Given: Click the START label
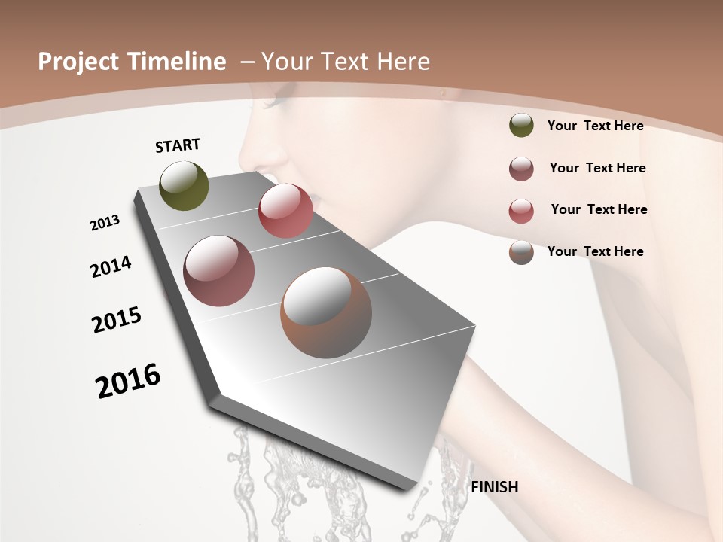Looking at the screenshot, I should click(x=178, y=145).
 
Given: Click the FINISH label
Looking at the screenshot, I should click(x=494, y=487).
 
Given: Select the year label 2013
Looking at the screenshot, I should click(x=105, y=223).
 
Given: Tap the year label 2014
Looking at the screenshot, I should click(x=111, y=266).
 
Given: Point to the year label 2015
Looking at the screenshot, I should click(x=117, y=320).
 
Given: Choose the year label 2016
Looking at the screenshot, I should click(x=128, y=380).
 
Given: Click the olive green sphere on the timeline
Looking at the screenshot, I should click(x=185, y=185).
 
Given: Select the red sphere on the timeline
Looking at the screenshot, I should click(x=285, y=211).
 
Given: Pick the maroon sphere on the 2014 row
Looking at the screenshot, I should click(x=218, y=271).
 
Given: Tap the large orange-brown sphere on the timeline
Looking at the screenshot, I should click(x=326, y=312).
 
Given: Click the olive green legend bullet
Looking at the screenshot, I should click(x=521, y=125).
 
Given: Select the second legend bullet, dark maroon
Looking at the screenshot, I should click(x=521, y=169).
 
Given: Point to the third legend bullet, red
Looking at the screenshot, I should click(x=521, y=210).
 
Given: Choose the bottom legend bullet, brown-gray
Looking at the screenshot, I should click(x=521, y=252).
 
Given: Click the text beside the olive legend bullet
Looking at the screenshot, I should click(x=595, y=126).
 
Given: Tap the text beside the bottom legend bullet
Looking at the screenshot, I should click(x=595, y=251).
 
